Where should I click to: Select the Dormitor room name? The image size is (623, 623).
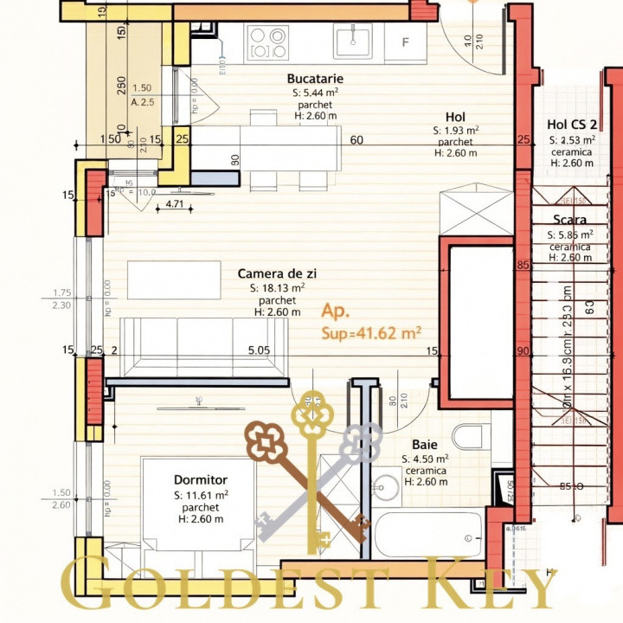click(x=200, y=479)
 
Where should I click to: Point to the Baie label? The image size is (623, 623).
click(x=424, y=444)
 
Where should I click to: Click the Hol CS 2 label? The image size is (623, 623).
click(x=571, y=124)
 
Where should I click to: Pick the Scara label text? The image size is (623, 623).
click(x=570, y=220)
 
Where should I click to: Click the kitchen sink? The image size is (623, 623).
click(x=352, y=39)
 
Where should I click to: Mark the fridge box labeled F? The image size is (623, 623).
click(x=404, y=42)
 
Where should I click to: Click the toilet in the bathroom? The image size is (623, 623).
click(x=471, y=438)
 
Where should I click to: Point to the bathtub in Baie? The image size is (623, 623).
click(x=430, y=532)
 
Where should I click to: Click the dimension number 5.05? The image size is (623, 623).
click(x=259, y=350)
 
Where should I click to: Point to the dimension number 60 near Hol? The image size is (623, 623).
click(x=356, y=139)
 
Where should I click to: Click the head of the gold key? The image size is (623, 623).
click(x=311, y=414)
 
